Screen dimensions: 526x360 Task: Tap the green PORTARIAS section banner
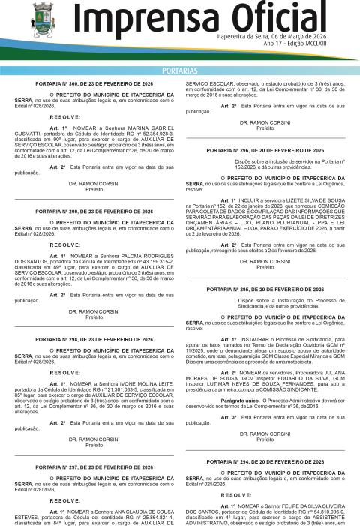[180, 70]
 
